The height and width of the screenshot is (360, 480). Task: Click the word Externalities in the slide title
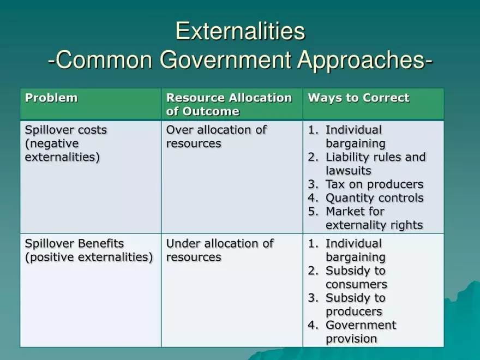pyautogui.click(x=240, y=31)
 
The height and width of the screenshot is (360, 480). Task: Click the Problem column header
pyautogui.click(x=51, y=98)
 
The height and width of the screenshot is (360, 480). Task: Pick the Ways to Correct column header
pyautogui.click(x=358, y=98)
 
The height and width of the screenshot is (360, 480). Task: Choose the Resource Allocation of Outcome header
pyautogui.click(x=229, y=105)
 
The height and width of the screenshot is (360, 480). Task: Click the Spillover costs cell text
pyautogui.click(x=66, y=130)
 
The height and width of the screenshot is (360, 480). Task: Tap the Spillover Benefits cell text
pyautogui.click(x=74, y=244)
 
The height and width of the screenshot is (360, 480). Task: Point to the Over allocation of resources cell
pyautogui.click(x=216, y=137)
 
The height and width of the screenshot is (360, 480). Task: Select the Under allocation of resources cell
pyautogui.click(x=219, y=250)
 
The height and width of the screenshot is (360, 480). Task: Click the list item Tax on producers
pyautogui.click(x=374, y=184)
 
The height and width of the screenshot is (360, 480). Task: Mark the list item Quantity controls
pyautogui.click(x=374, y=198)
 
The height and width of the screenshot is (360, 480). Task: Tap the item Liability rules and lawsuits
pyautogui.click(x=375, y=164)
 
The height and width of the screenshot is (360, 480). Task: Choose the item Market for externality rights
pyautogui.click(x=374, y=218)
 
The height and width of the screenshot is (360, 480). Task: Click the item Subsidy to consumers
pyautogui.click(x=356, y=278)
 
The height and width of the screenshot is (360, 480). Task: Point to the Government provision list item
pyautogui.click(x=360, y=332)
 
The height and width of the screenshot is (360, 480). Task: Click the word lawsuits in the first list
pyautogui.click(x=349, y=171)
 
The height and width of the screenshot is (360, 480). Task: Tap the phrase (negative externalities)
pyautogui.click(x=62, y=151)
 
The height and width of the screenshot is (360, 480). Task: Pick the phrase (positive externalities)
pyautogui.click(x=89, y=257)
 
